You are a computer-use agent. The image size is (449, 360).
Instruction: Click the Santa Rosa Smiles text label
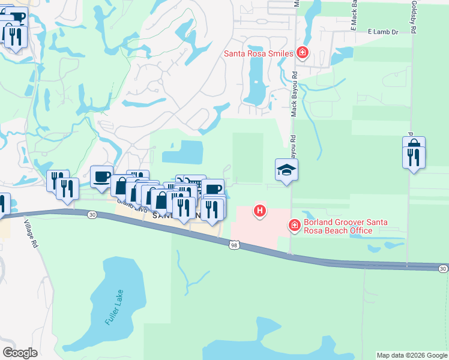click(258, 53)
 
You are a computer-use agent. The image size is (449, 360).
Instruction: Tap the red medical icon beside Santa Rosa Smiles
click(303, 53)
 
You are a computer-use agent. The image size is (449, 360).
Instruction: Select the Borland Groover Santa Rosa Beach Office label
click(345, 226)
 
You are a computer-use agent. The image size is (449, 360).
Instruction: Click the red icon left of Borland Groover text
click(294, 226)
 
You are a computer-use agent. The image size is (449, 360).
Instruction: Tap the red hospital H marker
click(260, 211)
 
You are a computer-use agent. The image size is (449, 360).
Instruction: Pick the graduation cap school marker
click(287, 170)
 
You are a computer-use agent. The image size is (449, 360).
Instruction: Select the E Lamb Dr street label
click(383, 31)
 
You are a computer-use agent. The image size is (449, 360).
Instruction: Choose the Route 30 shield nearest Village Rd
click(91, 214)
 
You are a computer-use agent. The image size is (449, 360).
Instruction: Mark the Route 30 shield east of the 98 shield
click(442, 268)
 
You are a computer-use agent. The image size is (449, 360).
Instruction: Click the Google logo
click(20, 353)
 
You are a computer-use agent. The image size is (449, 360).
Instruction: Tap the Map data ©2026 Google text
click(412, 355)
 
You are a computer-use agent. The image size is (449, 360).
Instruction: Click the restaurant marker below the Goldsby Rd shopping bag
click(414, 157)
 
